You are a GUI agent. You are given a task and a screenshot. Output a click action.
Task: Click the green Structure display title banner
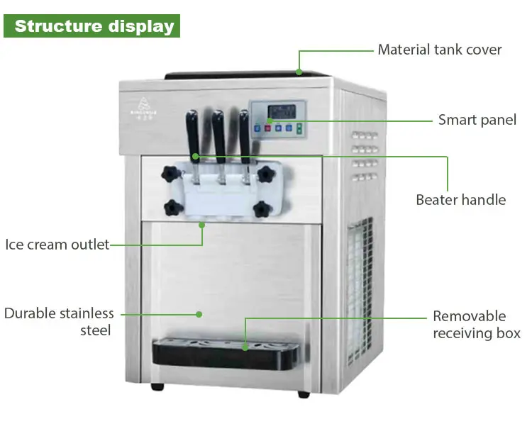(x=94, y=26)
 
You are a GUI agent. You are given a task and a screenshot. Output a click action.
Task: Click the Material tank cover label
(x=439, y=50)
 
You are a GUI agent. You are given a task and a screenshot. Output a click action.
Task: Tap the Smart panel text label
(x=477, y=120)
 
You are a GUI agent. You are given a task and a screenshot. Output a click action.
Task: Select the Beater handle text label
(x=460, y=200)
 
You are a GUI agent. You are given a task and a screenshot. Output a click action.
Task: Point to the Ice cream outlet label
(x=57, y=245)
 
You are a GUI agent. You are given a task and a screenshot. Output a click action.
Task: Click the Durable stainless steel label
(x=58, y=322)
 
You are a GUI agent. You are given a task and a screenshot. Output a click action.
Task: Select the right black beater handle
(x=244, y=130)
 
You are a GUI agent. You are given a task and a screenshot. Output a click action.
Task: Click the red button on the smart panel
(x=260, y=128)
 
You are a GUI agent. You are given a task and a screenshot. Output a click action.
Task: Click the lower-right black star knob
(x=262, y=208)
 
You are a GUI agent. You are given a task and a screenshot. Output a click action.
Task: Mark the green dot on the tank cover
(x=299, y=71)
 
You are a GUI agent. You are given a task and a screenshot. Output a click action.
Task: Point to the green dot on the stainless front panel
(x=199, y=313)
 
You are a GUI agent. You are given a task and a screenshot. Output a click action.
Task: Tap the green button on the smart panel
(x=300, y=128)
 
